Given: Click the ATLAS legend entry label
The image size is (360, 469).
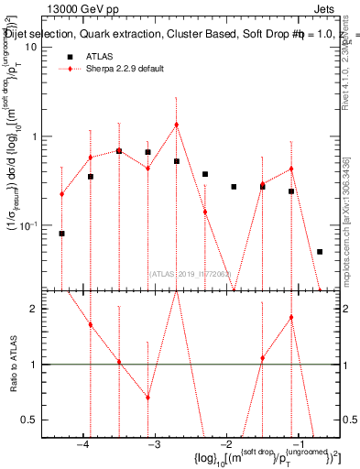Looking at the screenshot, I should [100, 56].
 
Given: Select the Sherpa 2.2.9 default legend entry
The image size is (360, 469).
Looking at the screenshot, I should [122, 69].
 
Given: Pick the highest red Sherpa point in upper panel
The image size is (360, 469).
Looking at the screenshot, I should [176, 125].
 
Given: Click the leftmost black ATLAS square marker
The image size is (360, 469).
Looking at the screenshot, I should [61, 234].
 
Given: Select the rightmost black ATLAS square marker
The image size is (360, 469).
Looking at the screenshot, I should [320, 251].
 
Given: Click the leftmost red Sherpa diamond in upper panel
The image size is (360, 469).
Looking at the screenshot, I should [61, 194].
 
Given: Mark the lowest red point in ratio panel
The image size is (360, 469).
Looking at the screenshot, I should [147, 398].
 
